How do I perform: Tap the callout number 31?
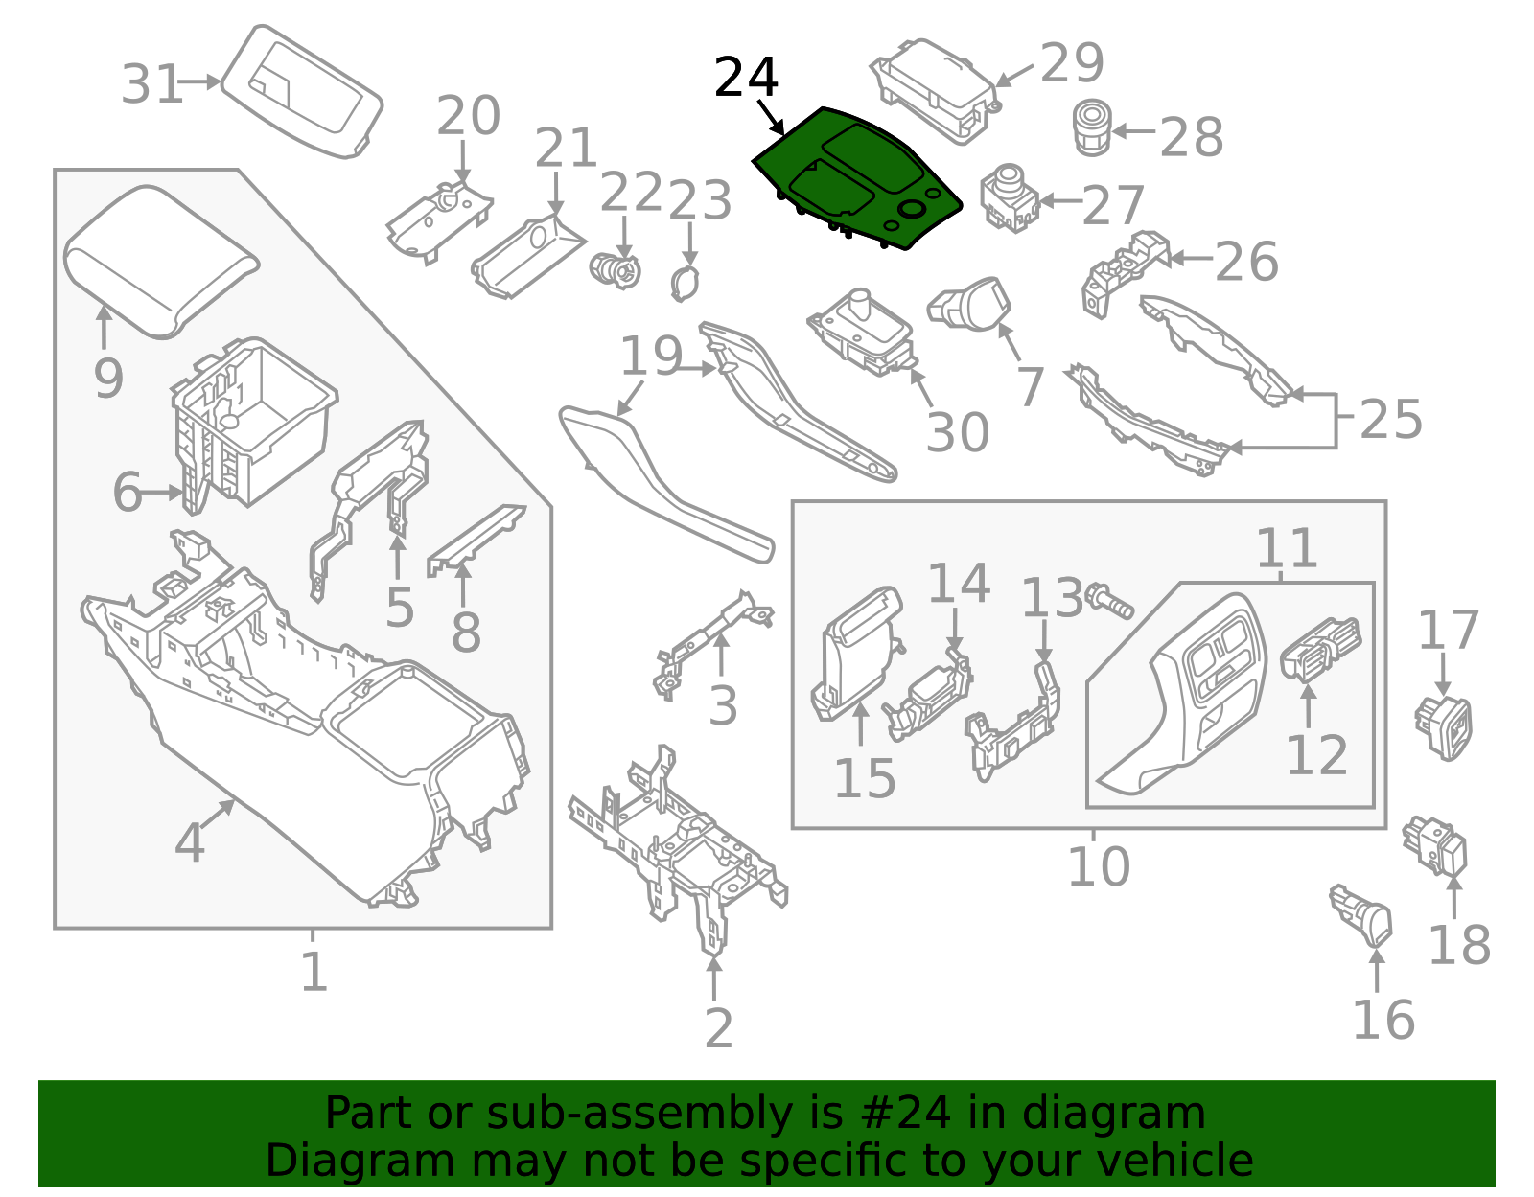pyautogui.click(x=151, y=84)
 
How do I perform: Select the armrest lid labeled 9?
pyautogui.click(x=162, y=262)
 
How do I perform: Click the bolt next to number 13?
pyautogui.click(x=1109, y=600)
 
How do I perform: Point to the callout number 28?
pyautogui.click(x=1191, y=136)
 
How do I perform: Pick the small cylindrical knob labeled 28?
pyautogui.click(x=1091, y=127)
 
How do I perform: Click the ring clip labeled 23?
pyautogui.click(x=684, y=284)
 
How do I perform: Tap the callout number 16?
pyautogui.click(x=1383, y=1020)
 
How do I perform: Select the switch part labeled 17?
pyautogui.click(x=1443, y=727)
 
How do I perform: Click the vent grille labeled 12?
pyautogui.click(x=1321, y=651)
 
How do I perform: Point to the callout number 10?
pyautogui.click(x=1099, y=866)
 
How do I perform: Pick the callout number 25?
pyautogui.click(x=1390, y=419)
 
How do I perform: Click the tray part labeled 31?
pyautogui.click(x=302, y=92)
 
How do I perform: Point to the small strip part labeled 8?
pyautogui.click(x=476, y=540)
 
